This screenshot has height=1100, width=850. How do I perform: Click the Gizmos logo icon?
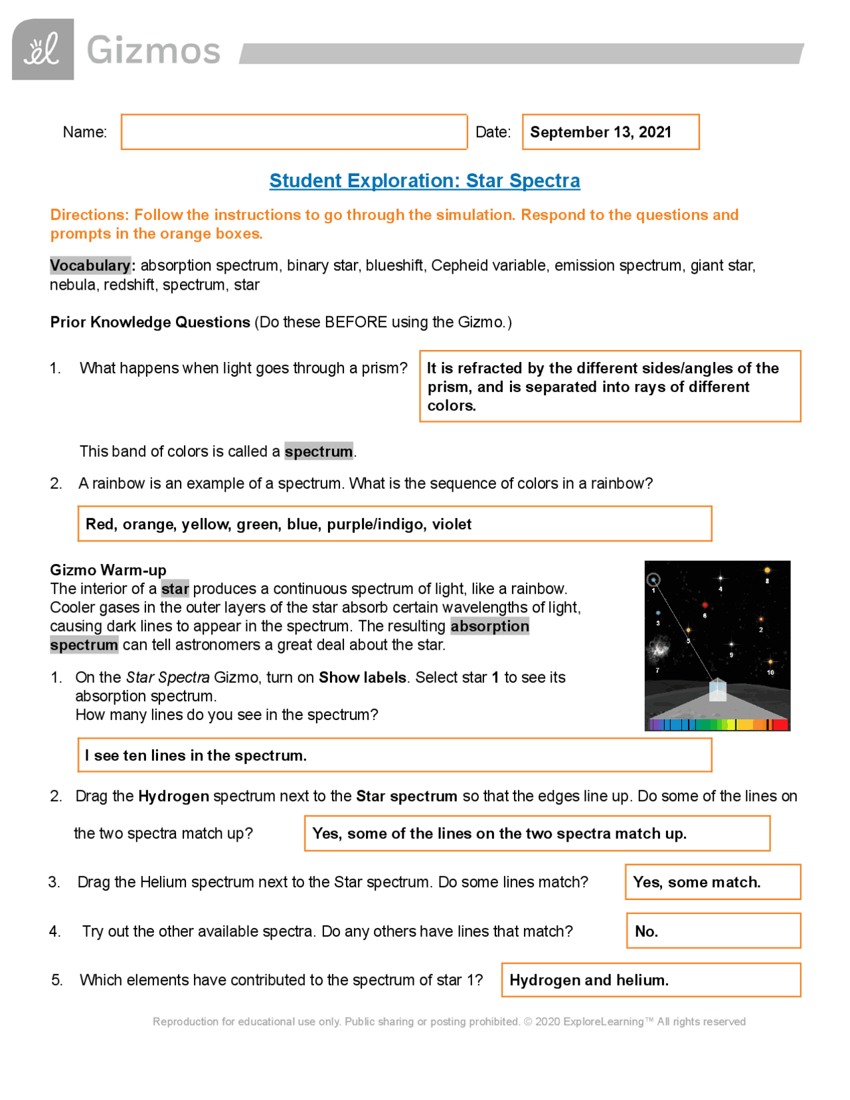point(42,50)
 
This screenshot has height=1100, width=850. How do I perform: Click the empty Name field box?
point(294,132)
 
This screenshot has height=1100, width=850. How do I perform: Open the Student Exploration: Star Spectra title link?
point(424,181)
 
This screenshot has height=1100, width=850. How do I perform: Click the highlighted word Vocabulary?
point(90,266)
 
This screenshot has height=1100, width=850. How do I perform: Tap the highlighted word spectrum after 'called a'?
point(318,452)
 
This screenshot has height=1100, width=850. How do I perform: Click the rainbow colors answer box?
point(394,524)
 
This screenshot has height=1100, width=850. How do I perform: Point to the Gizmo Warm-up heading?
point(108,570)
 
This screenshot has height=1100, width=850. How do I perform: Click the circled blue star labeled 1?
point(653,581)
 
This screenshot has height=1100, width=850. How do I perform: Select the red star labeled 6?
point(705,605)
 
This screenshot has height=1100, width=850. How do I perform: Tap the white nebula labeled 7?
point(659,648)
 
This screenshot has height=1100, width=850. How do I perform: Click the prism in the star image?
point(717,689)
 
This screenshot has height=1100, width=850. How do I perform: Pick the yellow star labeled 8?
point(767,571)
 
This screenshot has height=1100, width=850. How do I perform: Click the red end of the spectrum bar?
point(781,725)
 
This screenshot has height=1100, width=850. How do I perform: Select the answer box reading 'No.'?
point(713,931)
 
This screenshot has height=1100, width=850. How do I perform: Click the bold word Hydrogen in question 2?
point(173,796)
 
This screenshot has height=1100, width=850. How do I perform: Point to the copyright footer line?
point(449,1022)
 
